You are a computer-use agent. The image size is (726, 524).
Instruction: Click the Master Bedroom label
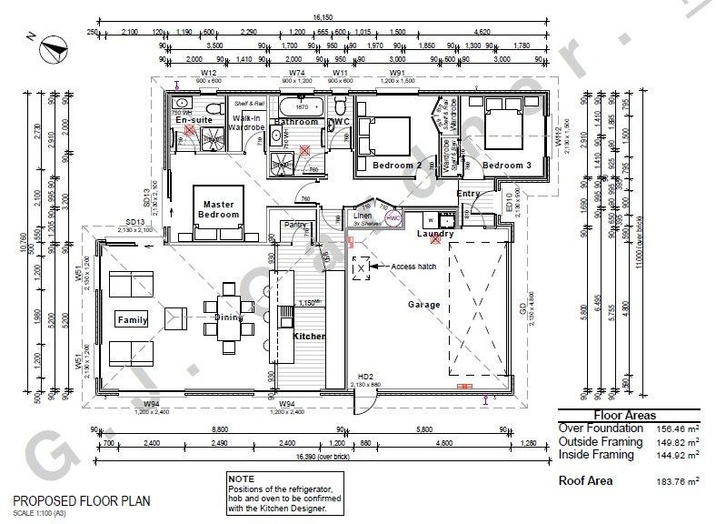point(220,209)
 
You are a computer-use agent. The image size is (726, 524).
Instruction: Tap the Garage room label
point(423,305)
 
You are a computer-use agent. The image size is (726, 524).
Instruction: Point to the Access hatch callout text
point(415,267)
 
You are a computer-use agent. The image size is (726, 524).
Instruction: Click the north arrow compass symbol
point(47,41)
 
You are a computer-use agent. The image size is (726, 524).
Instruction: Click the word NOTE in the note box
point(243,479)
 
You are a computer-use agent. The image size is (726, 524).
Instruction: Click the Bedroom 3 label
point(506,166)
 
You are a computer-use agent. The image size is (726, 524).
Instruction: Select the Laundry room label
point(434,234)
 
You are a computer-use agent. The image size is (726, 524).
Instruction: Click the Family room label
point(133,320)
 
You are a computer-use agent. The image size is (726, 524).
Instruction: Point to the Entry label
point(469,194)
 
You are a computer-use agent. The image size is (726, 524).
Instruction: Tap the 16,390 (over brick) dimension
point(318,458)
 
